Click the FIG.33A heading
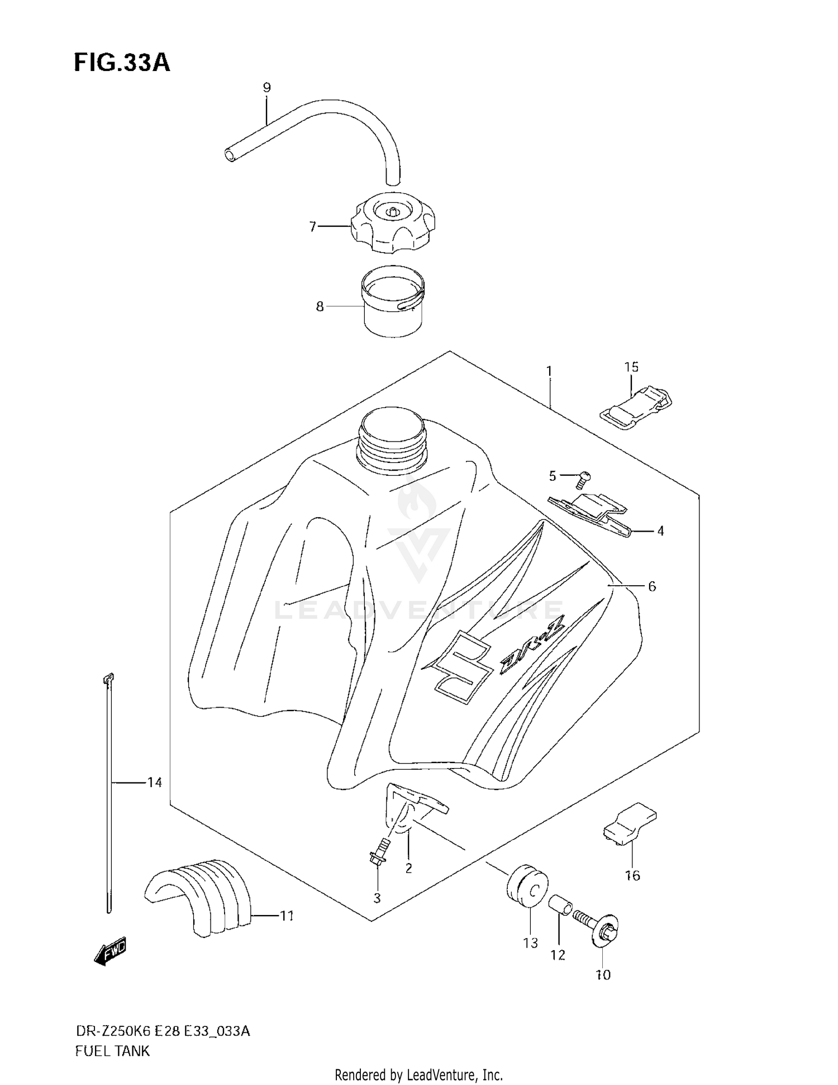coord(122,63)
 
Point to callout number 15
coord(631,367)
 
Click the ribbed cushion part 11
coord(202,897)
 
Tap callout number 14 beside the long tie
coord(154,782)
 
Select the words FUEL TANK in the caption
coord(112,1051)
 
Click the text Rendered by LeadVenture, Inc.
coord(418,1074)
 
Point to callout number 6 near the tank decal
coord(651,586)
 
